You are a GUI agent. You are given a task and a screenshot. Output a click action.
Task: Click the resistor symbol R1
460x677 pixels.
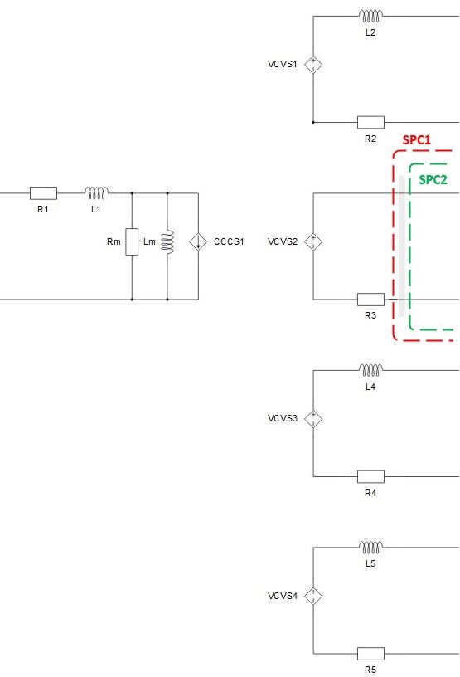(x=43, y=193)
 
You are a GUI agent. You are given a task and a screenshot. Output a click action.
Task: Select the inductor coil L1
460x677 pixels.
(x=97, y=193)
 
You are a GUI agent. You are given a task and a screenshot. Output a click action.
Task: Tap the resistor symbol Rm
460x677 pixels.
(x=132, y=241)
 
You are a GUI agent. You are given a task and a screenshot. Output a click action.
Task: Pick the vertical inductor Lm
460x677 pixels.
(x=167, y=241)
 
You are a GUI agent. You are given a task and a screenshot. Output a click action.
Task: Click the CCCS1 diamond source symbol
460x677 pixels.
(x=198, y=241)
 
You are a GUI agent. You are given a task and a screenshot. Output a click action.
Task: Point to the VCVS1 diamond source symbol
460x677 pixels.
(x=313, y=65)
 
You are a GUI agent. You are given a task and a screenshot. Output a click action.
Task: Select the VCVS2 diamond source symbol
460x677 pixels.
(x=313, y=241)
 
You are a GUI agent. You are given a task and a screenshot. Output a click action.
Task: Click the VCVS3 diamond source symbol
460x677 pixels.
(x=313, y=419)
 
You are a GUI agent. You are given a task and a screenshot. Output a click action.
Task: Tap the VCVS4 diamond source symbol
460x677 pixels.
(x=313, y=596)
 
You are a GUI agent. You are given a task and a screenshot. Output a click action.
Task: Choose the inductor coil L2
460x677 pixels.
(x=370, y=16)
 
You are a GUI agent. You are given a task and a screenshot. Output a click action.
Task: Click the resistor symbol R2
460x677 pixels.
(x=370, y=122)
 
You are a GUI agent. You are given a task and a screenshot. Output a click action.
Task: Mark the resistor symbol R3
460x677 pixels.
(x=370, y=300)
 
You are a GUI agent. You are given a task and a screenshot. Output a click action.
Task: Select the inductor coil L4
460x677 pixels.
(x=370, y=370)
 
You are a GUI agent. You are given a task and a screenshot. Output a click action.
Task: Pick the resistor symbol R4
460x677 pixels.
(x=370, y=476)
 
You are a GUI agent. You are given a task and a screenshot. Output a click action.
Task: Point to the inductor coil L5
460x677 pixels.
(x=370, y=547)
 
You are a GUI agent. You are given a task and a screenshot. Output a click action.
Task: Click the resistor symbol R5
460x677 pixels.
(x=370, y=653)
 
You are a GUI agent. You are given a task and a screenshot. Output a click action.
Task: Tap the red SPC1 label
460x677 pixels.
(x=417, y=140)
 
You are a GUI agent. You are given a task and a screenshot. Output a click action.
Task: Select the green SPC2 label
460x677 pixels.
(x=433, y=179)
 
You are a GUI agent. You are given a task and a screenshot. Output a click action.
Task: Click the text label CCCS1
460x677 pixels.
(x=229, y=241)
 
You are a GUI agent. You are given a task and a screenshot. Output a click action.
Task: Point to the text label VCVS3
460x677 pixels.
(x=283, y=418)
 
